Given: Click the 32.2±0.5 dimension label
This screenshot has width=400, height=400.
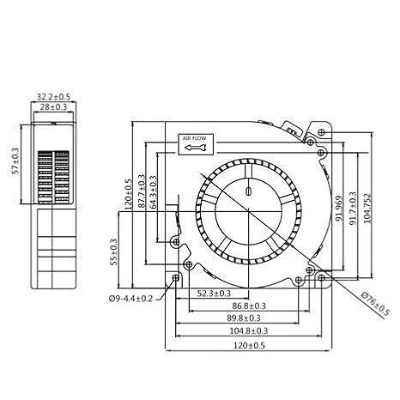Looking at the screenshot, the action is point(53,97).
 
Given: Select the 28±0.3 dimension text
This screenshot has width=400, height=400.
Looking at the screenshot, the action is point(53,107).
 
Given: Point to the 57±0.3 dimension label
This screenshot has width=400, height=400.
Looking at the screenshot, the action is point(15,161).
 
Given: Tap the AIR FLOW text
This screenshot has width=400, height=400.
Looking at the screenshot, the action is point(194,138).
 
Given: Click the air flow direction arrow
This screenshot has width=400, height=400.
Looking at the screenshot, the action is point(195,148).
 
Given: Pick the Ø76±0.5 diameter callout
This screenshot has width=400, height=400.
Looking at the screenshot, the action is point(375,304).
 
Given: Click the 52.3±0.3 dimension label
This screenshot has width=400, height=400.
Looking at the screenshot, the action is point(214,294).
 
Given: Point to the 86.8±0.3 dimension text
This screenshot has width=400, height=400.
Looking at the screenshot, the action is point(249,306).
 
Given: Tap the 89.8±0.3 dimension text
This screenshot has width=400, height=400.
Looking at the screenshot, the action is point(244,318).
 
